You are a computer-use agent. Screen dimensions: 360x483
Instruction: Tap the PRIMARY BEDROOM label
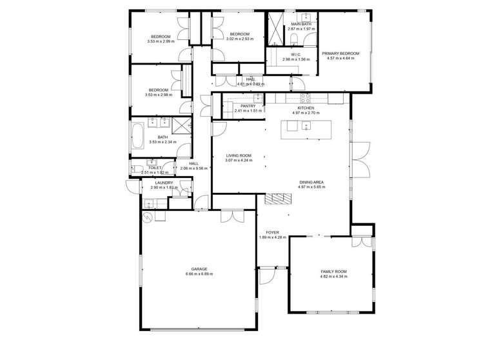tap(340, 54)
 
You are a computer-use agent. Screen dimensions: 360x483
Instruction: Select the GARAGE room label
tap(199, 269)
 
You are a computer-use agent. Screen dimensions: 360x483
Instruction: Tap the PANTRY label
tap(248, 106)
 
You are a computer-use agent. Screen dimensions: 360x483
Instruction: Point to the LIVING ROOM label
tap(238, 155)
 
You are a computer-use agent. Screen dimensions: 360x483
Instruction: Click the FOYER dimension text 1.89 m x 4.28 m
tap(272, 237)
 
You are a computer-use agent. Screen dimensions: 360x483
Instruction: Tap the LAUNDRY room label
tap(164, 183)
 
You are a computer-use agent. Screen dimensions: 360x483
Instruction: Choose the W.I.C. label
tap(293, 55)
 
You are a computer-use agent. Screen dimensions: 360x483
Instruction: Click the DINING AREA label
tap(311, 183)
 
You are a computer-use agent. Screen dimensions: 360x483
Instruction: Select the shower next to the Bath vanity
tap(183, 126)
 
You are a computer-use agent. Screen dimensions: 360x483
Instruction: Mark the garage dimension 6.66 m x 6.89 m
tap(199, 274)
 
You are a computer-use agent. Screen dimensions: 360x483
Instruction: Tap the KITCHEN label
tap(306, 108)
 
